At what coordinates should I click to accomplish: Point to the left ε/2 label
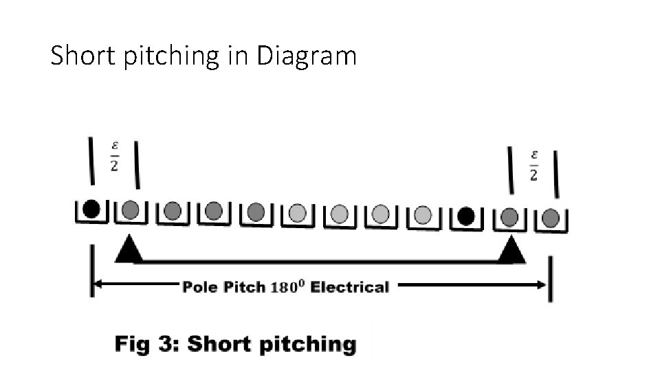coord(114,157)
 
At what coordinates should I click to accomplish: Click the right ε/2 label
coord(533,166)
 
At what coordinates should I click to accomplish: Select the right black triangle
coord(511,251)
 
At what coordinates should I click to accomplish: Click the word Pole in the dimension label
coord(200,287)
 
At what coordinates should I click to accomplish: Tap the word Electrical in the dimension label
coord(349,287)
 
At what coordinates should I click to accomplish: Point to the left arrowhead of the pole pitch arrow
coord(98,283)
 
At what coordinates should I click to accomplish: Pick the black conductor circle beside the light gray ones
coord(465,216)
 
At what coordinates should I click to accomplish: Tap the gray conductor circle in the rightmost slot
coord(551,218)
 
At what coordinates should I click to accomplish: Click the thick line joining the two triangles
coord(320,260)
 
